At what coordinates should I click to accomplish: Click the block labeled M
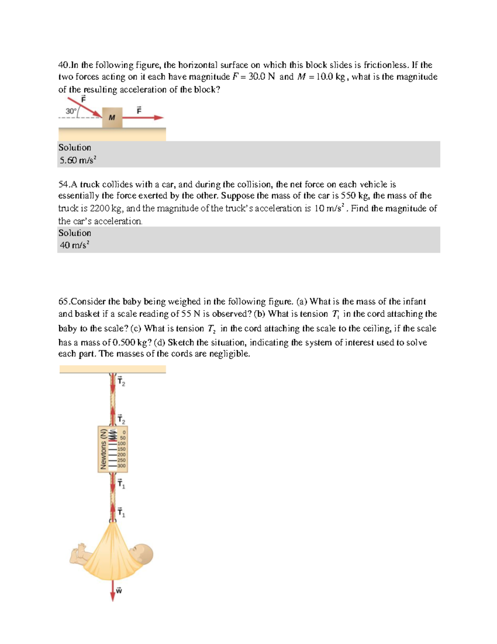(112, 118)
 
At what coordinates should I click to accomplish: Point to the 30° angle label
(71, 111)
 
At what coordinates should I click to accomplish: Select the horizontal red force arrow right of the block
(143, 118)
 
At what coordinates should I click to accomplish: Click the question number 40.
(64, 65)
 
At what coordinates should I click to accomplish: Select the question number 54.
(64, 185)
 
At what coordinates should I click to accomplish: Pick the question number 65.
(64, 301)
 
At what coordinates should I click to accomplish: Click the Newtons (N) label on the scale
(103, 449)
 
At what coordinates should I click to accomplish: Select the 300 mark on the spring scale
(121, 466)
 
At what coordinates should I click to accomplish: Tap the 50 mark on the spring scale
(123, 437)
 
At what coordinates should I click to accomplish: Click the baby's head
(142, 554)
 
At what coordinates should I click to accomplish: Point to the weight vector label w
(119, 591)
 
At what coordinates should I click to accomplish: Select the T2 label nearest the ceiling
(121, 381)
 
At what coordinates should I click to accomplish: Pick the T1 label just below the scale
(121, 484)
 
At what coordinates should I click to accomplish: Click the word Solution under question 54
(75, 233)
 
